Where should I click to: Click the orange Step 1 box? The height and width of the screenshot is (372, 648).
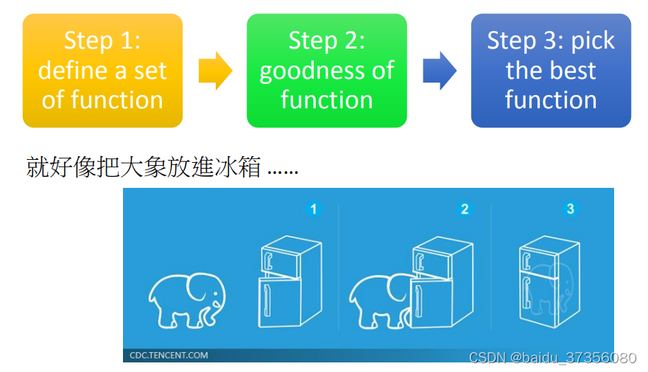[102, 70]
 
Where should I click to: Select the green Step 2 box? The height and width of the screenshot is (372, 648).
[326, 70]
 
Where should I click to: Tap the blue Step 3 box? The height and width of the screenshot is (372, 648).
[551, 70]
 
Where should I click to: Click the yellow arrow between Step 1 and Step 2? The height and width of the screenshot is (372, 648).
[215, 71]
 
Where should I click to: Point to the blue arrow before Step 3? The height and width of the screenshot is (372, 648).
[440, 71]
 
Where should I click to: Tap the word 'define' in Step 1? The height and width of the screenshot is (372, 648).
[71, 71]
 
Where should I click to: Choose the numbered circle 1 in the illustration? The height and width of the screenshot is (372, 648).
[314, 209]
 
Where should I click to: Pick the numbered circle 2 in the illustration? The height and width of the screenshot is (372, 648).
[464, 209]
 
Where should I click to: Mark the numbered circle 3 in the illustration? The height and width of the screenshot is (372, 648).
[570, 209]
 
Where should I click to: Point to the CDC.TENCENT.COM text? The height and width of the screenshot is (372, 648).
[169, 355]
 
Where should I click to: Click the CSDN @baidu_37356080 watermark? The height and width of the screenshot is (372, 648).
[552, 358]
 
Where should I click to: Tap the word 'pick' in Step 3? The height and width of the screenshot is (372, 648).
[593, 41]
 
